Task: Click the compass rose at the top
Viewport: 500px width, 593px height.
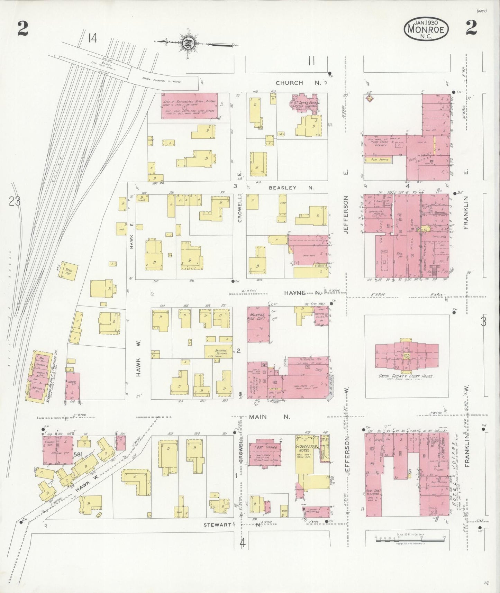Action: click(x=189, y=43)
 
